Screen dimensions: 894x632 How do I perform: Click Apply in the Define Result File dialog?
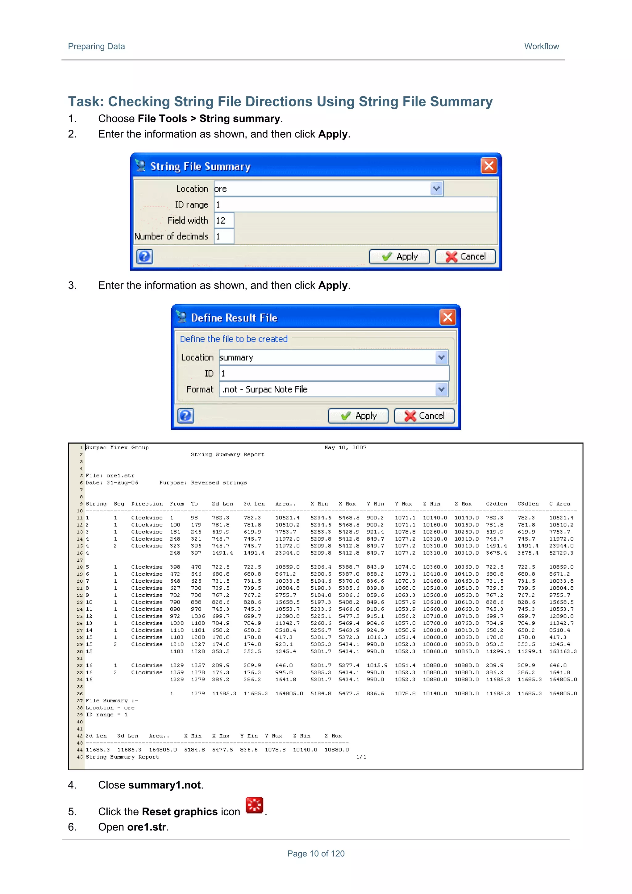(358, 416)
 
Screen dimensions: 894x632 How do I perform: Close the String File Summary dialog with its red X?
(489, 166)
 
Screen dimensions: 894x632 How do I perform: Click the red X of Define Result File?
(447, 317)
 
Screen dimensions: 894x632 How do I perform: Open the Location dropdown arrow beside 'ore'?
(437, 189)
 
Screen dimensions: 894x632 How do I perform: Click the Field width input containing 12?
(224, 220)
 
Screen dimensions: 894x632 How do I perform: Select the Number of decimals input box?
(224, 236)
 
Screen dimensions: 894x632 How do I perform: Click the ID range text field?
(355, 204)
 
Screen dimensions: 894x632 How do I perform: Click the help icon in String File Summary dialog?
(144, 256)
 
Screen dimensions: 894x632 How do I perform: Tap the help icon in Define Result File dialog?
(185, 416)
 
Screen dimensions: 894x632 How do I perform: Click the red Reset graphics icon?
(254, 805)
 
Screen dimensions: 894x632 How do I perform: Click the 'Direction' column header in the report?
(147, 504)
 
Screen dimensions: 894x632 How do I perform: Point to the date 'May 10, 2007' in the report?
(345, 447)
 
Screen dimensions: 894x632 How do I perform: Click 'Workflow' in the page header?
(541, 46)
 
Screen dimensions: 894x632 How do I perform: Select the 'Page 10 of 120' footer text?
(316, 854)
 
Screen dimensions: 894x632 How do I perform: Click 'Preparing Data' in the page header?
(96, 46)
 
